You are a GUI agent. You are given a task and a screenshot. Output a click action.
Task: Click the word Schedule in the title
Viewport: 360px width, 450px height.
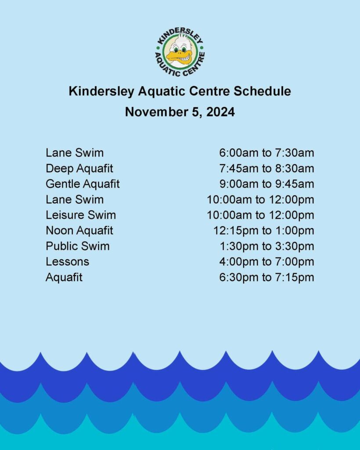(262, 91)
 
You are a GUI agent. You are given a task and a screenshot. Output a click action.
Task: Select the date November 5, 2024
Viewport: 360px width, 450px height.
(180, 112)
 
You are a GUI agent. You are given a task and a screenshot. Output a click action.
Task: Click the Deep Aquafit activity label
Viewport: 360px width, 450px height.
(79, 168)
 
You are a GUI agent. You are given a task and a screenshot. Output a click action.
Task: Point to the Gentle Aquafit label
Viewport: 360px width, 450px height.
(83, 184)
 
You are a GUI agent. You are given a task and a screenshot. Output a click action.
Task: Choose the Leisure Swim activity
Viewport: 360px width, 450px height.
(81, 215)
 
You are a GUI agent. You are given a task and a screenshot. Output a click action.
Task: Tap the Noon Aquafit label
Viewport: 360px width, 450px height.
(79, 230)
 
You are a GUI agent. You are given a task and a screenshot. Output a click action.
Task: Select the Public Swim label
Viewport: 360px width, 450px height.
(78, 246)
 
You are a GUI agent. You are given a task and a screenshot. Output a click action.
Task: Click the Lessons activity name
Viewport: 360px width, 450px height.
(68, 262)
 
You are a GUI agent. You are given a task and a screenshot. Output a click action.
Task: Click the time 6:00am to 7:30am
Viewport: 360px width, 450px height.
(266, 152)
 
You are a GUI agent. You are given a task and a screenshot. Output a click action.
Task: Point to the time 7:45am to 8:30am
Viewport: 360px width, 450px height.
(266, 168)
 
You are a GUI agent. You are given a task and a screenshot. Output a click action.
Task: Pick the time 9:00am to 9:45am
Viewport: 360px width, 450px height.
(266, 184)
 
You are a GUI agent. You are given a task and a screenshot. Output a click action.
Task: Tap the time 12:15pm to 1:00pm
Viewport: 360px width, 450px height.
(264, 231)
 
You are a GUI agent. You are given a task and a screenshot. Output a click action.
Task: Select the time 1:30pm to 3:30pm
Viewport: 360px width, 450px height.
(267, 246)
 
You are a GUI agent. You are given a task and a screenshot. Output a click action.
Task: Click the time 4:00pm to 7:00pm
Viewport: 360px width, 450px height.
(266, 262)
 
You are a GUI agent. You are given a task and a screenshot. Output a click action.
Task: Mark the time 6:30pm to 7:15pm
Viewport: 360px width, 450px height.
(266, 277)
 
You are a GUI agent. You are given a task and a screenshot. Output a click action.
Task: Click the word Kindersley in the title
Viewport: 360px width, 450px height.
(101, 91)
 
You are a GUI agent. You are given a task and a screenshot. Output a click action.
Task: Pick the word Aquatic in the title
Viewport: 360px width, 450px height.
(162, 91)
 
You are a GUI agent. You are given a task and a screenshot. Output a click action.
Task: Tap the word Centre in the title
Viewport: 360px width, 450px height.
(209, 91)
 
